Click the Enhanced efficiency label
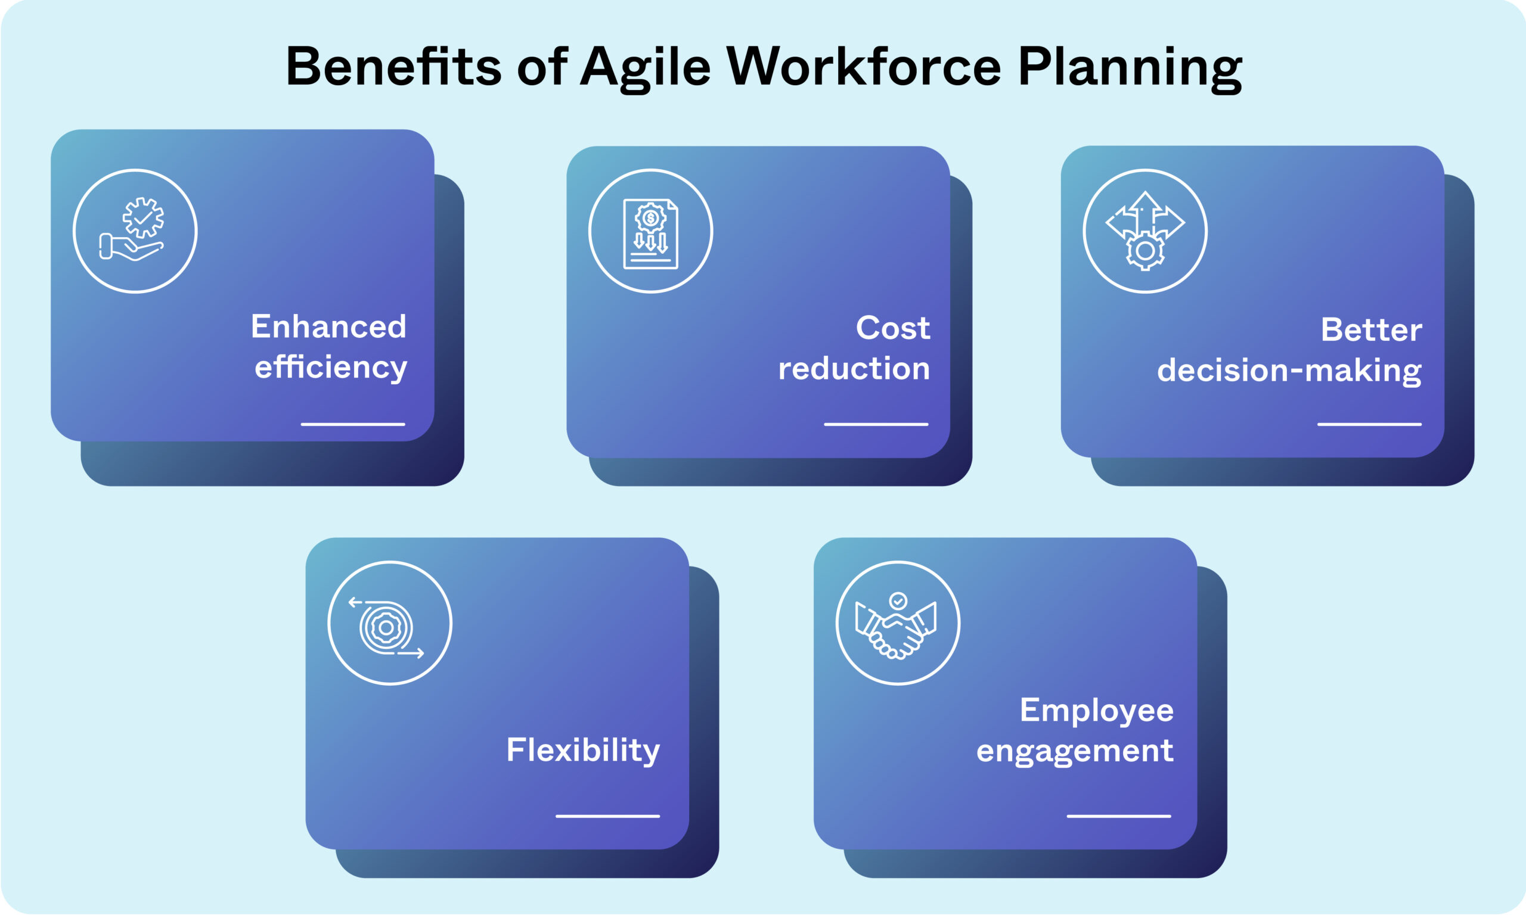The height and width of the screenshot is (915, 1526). [x=330, y=347]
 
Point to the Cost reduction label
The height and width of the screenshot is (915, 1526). [x=854, y=348]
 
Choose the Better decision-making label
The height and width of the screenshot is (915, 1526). [x=1290, y=350]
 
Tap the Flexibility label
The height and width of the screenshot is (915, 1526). [x=583, y=751]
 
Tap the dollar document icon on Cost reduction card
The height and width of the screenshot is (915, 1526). [x=651, y=233]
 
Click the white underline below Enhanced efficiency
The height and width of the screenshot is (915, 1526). [x=353, y=424]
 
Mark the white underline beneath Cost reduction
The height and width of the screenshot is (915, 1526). [x=876, y=424]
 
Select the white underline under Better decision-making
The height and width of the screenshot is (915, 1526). [x=1369, y=424]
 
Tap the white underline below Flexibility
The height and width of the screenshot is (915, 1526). [x=607, y=816]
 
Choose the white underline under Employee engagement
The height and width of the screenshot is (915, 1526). [x=1119, y=816]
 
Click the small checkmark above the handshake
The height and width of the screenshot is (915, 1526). [x=898, y=600]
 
